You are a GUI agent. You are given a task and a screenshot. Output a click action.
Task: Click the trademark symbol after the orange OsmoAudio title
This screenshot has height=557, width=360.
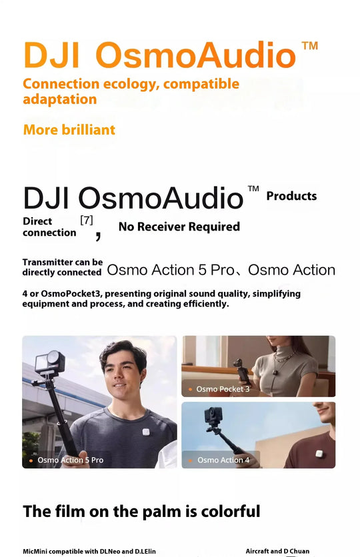pos(309,46)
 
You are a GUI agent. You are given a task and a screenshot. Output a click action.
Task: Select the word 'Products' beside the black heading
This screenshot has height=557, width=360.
pos(291,196)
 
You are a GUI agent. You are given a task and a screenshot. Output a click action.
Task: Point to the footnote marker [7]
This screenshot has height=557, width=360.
pos(87,219)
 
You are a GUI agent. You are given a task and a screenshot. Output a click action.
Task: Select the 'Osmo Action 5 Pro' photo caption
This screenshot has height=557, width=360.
pos(70,460)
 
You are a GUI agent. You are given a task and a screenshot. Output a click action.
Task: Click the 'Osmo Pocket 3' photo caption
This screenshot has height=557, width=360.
pos(223,389)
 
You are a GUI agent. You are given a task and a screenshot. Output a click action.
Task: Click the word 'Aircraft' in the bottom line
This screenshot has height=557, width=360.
pos(257,552)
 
